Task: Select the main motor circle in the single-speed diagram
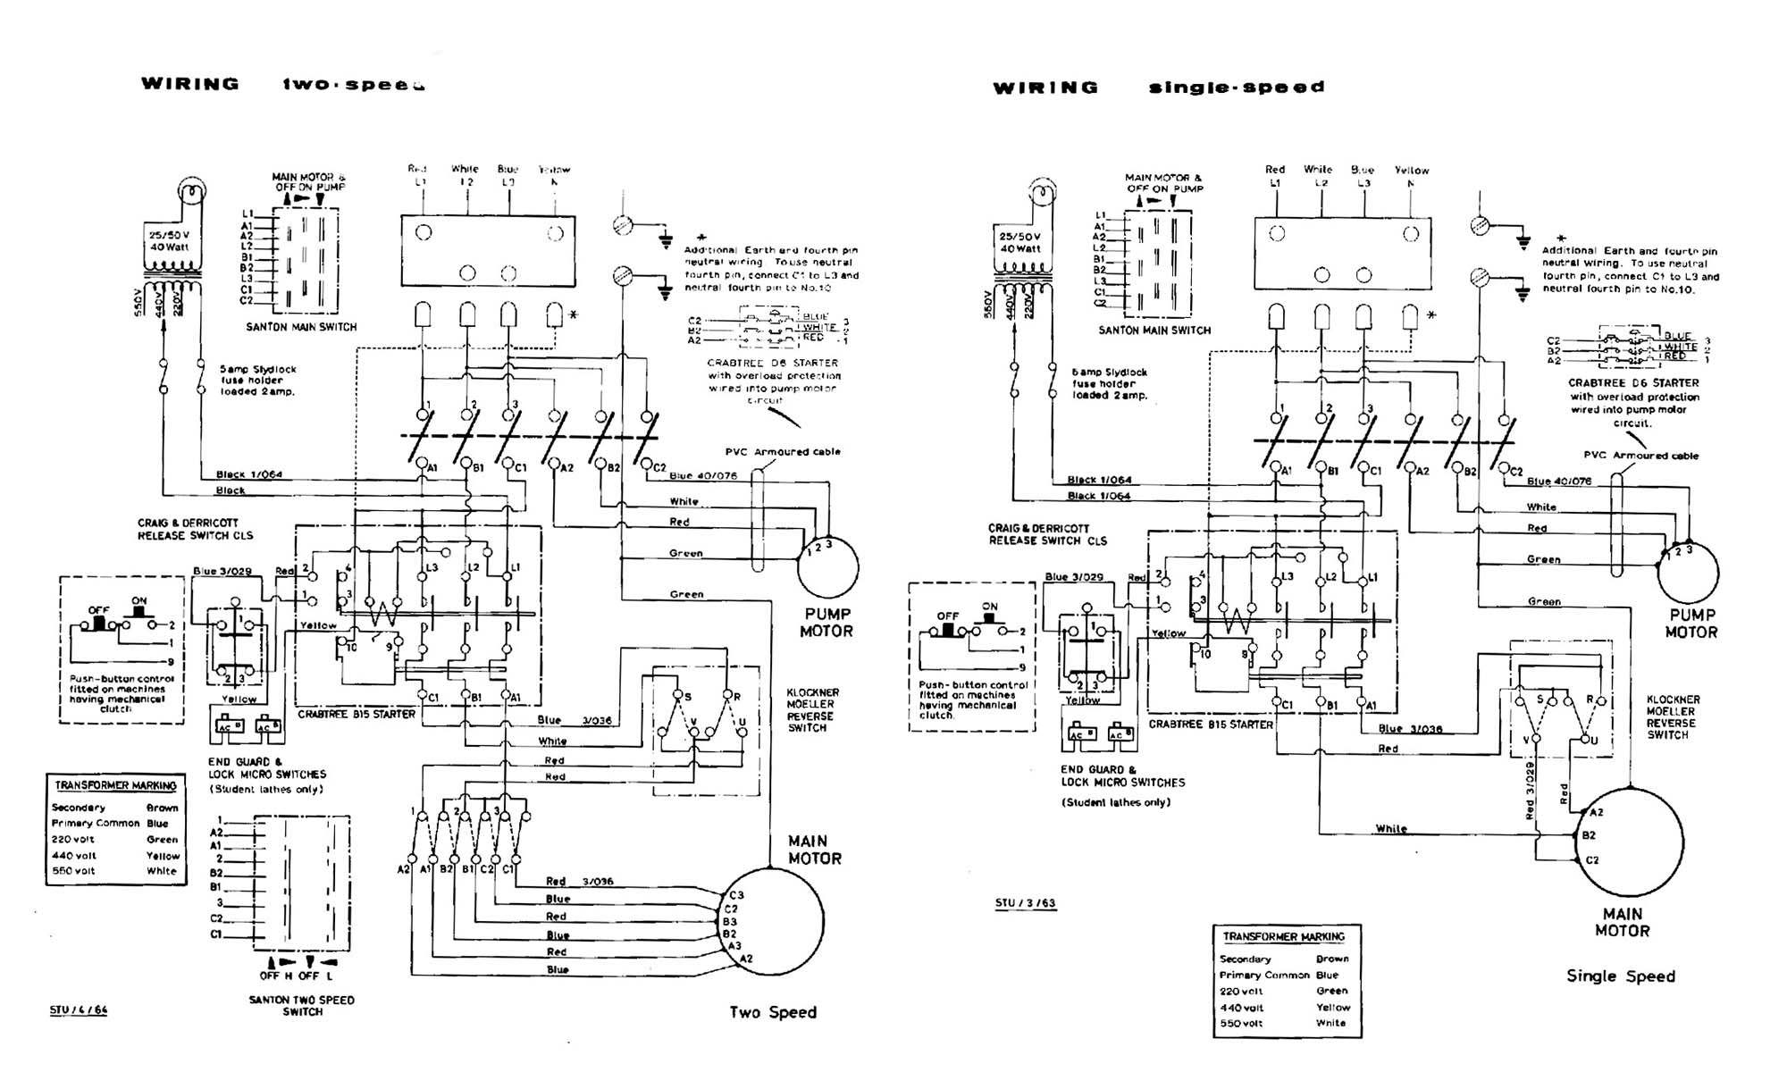point(1630,842)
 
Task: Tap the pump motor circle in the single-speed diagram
point(1688,573)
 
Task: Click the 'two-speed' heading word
point(353,85)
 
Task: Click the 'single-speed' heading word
point(1236,88)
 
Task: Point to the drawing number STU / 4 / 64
point(79,1010)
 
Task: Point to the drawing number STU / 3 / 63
point(1025,903)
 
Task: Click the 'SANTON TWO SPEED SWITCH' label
point(302,1006)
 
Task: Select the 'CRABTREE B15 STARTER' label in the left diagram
point(356,715)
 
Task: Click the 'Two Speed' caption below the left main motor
point(773,1012)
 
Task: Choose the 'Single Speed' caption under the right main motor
point(1620,976)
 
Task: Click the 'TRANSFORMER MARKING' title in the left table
point(115,786)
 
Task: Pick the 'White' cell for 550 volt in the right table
point(1330,1023)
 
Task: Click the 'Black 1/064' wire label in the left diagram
point(248,474)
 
